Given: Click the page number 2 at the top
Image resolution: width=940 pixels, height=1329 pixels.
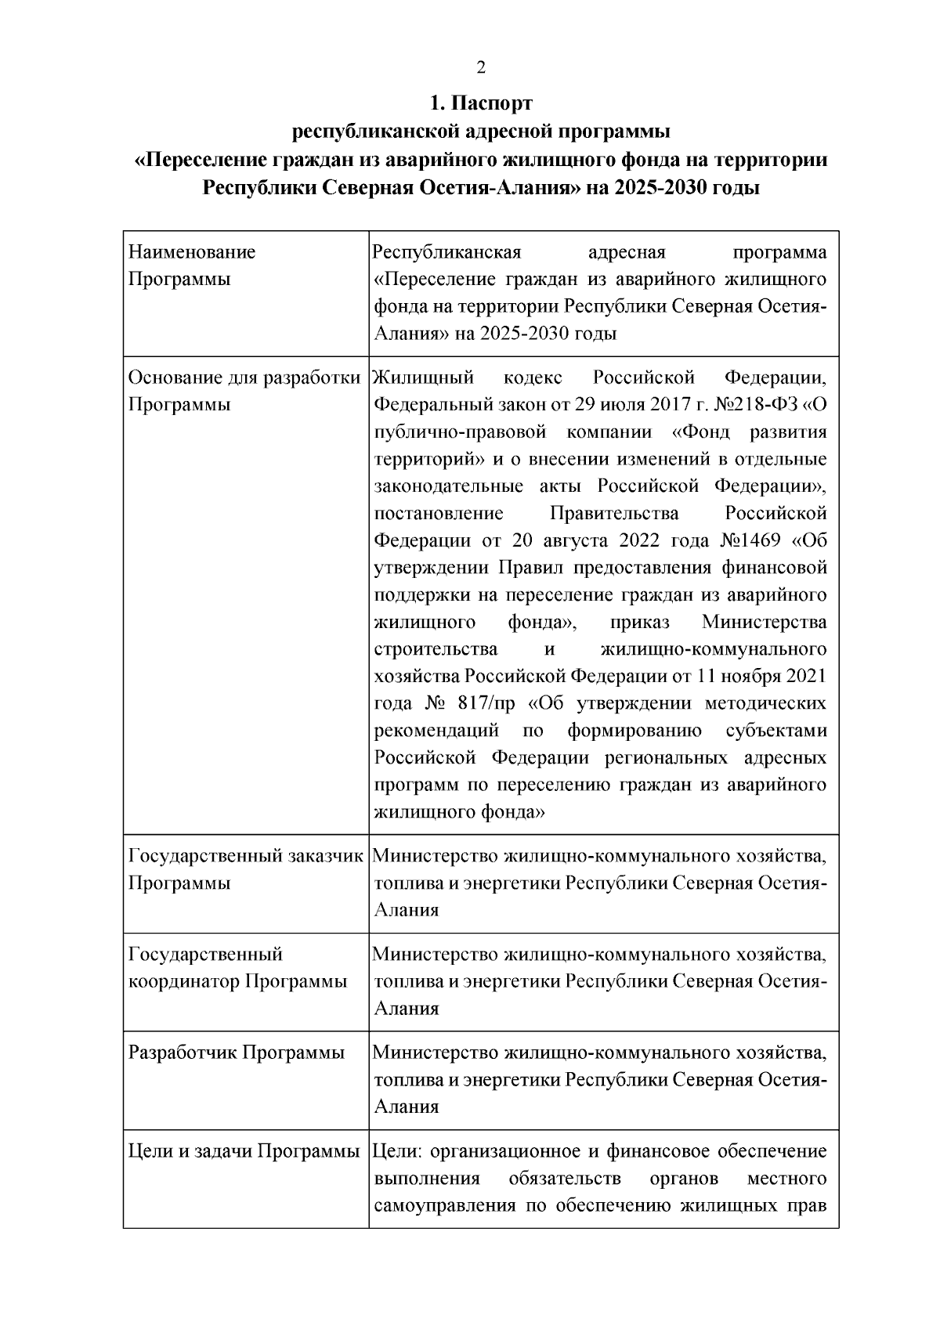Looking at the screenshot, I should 481,68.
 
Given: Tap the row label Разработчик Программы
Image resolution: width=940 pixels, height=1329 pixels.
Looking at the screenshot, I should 237,1053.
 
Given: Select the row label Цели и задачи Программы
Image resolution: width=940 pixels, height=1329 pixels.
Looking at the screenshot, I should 244,1151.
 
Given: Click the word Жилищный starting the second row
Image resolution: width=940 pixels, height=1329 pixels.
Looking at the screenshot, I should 424,378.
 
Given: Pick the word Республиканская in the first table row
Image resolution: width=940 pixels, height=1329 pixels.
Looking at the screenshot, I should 447,253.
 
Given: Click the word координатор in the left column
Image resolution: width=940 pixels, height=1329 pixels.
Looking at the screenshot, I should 184,981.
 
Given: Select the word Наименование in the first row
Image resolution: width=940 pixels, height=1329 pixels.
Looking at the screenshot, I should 192,253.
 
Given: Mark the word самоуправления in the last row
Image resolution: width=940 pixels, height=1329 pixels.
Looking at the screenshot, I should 446,1205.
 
